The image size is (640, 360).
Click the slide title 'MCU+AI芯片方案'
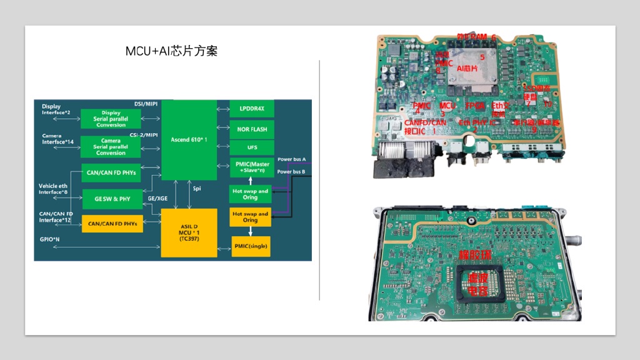pos(171,51)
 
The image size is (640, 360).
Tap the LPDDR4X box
pos(251,109)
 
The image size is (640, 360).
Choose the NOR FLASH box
pos(251,129)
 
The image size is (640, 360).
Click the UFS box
pos(251,147)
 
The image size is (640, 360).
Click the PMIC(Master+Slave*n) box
pos(251,167)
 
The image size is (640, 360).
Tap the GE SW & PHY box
pos(112,199)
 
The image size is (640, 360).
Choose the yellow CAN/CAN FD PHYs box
pos(112,223)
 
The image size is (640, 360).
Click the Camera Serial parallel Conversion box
pos(111,147)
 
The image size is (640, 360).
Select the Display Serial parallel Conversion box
pos(111,119)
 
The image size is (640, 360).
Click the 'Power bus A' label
pos(291,159)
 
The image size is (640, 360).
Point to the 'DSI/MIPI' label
pos(146,104)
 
